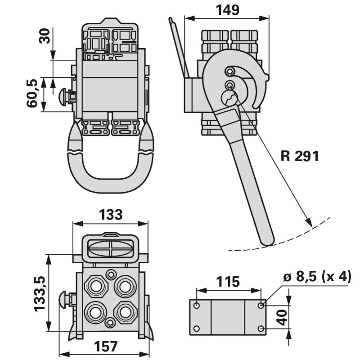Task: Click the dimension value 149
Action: (x=227, y=9)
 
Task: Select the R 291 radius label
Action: (x=299, y=156)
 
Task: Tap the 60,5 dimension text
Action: (x=32, y=94)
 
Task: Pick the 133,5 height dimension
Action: (x=39, y=293)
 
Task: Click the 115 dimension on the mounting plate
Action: (x=228, y=282)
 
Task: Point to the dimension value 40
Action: (x=282, y=317)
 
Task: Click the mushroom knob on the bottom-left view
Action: (x=66, y=298)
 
